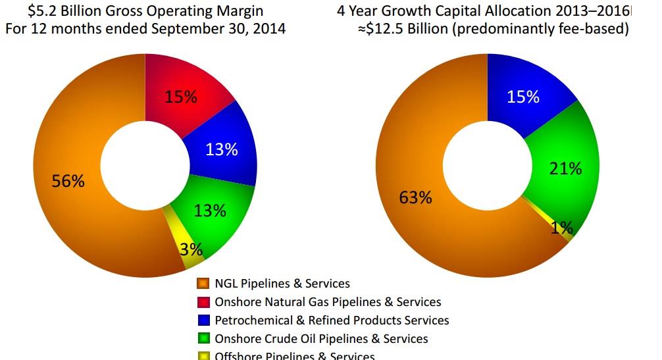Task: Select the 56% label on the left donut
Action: click(x=68, y=181)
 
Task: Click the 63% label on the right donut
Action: click(x=415, y=197)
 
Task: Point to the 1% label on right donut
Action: click(x=561, y=228)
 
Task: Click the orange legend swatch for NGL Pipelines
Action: click(x=203, y=284)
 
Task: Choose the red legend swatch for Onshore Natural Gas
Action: click(x=203, y=302)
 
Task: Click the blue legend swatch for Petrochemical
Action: click(x=203, y=321)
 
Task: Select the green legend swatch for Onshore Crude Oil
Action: click(x=203, y=339)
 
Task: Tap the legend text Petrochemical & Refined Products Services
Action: click(x=332, y=321)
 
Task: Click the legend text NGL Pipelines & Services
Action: click(x=282, y=284)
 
